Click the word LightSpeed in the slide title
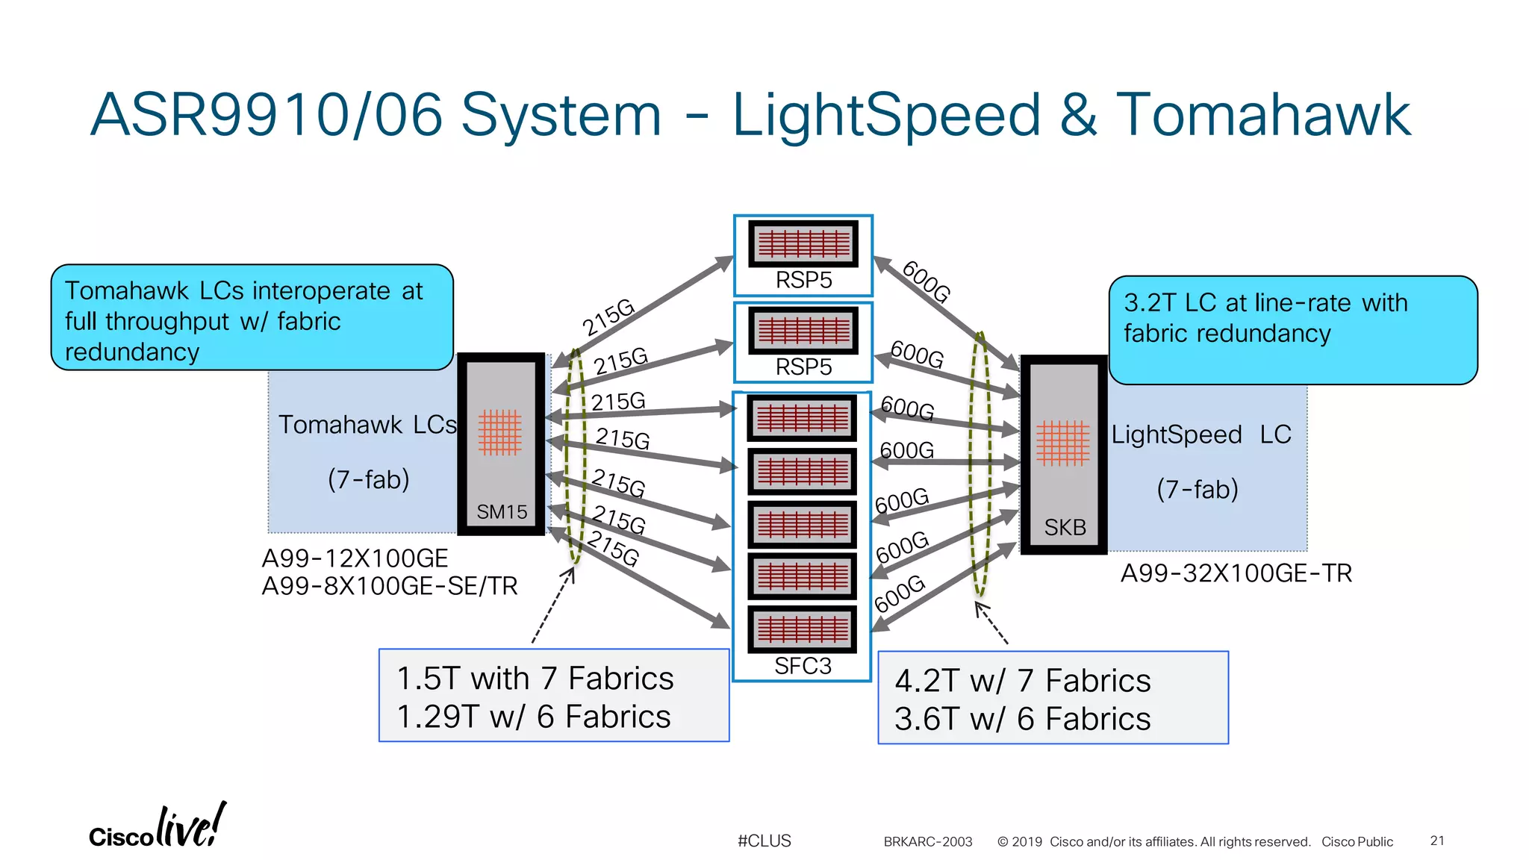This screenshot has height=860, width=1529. click(886, 116)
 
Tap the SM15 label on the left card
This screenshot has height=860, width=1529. click(502, 512)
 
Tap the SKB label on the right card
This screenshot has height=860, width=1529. click(1065, 528)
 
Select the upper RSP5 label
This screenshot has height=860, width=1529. click(803, 280)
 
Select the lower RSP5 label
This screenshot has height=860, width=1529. click(803, 367)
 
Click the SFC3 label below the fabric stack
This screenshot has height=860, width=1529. click(803, 666)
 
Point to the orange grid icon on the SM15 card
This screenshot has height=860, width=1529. click(499, 432)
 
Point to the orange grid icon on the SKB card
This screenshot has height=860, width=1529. click(1062, 443)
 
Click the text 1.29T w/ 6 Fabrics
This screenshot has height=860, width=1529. click(534, 717)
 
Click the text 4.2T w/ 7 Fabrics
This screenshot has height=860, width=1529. click(1022, 681)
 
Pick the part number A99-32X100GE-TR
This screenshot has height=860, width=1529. click(1236, 573)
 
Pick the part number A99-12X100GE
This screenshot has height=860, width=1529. click(355, 558)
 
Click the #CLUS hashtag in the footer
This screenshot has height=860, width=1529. click(764, 841)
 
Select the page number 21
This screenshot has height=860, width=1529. click(1437, 841)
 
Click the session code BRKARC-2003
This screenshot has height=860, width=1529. click(927, 842)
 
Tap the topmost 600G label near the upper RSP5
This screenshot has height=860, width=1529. click(926, 282)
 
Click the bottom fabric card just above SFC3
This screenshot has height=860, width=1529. click(803, 629)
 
